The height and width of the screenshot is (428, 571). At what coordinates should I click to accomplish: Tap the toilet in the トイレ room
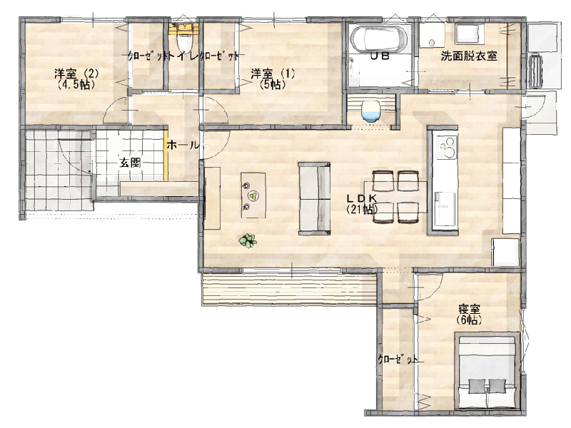click(182, 41)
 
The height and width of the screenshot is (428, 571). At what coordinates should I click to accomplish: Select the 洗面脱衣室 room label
click(469, 56)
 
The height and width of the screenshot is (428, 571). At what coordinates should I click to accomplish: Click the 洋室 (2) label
click(76, 74)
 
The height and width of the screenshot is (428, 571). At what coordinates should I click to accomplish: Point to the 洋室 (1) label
click(273, 74)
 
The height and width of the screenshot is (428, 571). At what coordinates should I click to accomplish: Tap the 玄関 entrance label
click(131, 163)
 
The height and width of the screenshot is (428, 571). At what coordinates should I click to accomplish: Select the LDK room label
click(361, 198)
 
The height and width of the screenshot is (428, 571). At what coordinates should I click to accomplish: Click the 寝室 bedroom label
click(469, 310)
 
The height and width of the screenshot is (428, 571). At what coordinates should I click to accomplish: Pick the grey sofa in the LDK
click(314, 198)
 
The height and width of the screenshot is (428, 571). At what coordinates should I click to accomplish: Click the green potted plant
click(248, 240)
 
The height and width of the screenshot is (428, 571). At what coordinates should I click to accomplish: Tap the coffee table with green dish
click(253, 195)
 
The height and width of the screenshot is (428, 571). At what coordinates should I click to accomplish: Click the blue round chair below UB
click(371, 111)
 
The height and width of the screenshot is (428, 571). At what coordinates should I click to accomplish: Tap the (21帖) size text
click(362, 209)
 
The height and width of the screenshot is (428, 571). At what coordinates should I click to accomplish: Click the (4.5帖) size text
click(76, 85)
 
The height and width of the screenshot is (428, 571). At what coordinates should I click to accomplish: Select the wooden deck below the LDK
click(289, 290)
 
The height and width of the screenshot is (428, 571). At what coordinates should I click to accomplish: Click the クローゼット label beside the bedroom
click(398, 360)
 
